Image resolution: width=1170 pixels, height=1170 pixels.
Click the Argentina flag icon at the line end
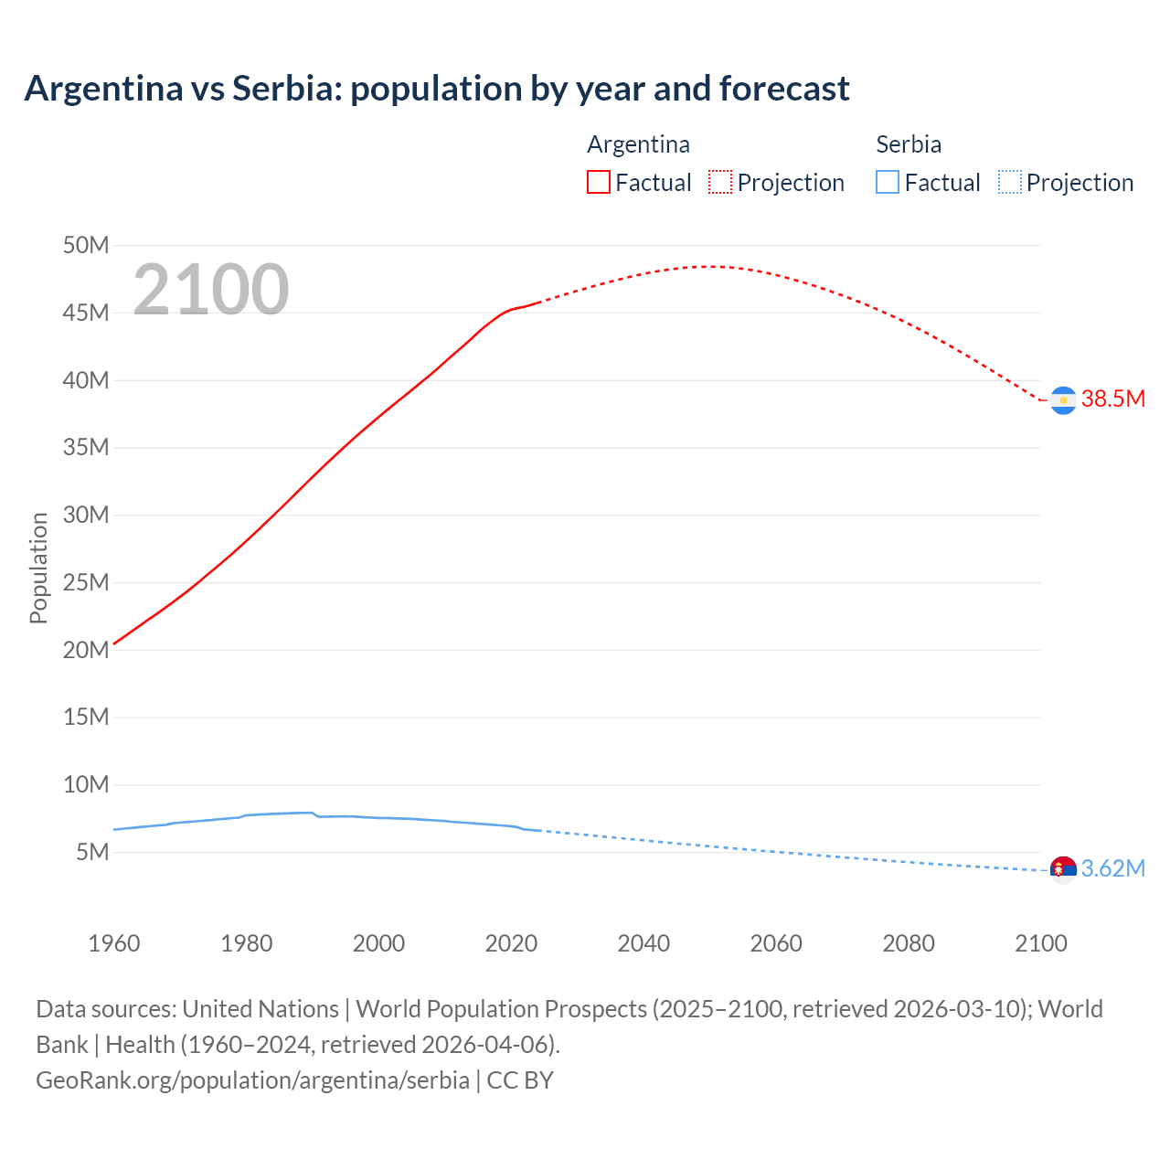point(1063,400)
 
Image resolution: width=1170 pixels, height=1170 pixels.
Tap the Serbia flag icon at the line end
point(1063,869)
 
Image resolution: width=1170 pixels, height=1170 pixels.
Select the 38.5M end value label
point(1112,399)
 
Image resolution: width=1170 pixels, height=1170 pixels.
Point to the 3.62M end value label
point(1112,868)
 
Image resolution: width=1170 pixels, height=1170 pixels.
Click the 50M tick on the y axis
point(86,245)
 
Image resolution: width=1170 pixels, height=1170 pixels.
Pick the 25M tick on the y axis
point(86,582)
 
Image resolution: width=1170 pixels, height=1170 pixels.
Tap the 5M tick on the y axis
point(92,852)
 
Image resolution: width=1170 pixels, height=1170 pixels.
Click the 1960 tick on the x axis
point(114,943)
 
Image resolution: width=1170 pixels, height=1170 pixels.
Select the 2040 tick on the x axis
point(643,943)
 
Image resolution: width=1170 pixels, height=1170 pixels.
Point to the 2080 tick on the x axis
point(909,943)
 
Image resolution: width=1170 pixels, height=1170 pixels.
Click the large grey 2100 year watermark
point(211,290)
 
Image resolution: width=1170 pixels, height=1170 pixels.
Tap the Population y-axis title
point(38,568)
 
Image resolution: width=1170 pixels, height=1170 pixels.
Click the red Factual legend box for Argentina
point(599,182)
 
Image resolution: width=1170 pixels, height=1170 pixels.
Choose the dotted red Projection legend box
point(720,182)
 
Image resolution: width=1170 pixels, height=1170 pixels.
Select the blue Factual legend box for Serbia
point(888,182)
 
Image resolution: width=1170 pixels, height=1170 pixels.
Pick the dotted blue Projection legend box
point(1009,182)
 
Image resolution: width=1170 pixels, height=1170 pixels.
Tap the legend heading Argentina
point(638,144)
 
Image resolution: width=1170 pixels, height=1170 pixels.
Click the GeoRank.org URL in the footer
point(252,1080)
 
